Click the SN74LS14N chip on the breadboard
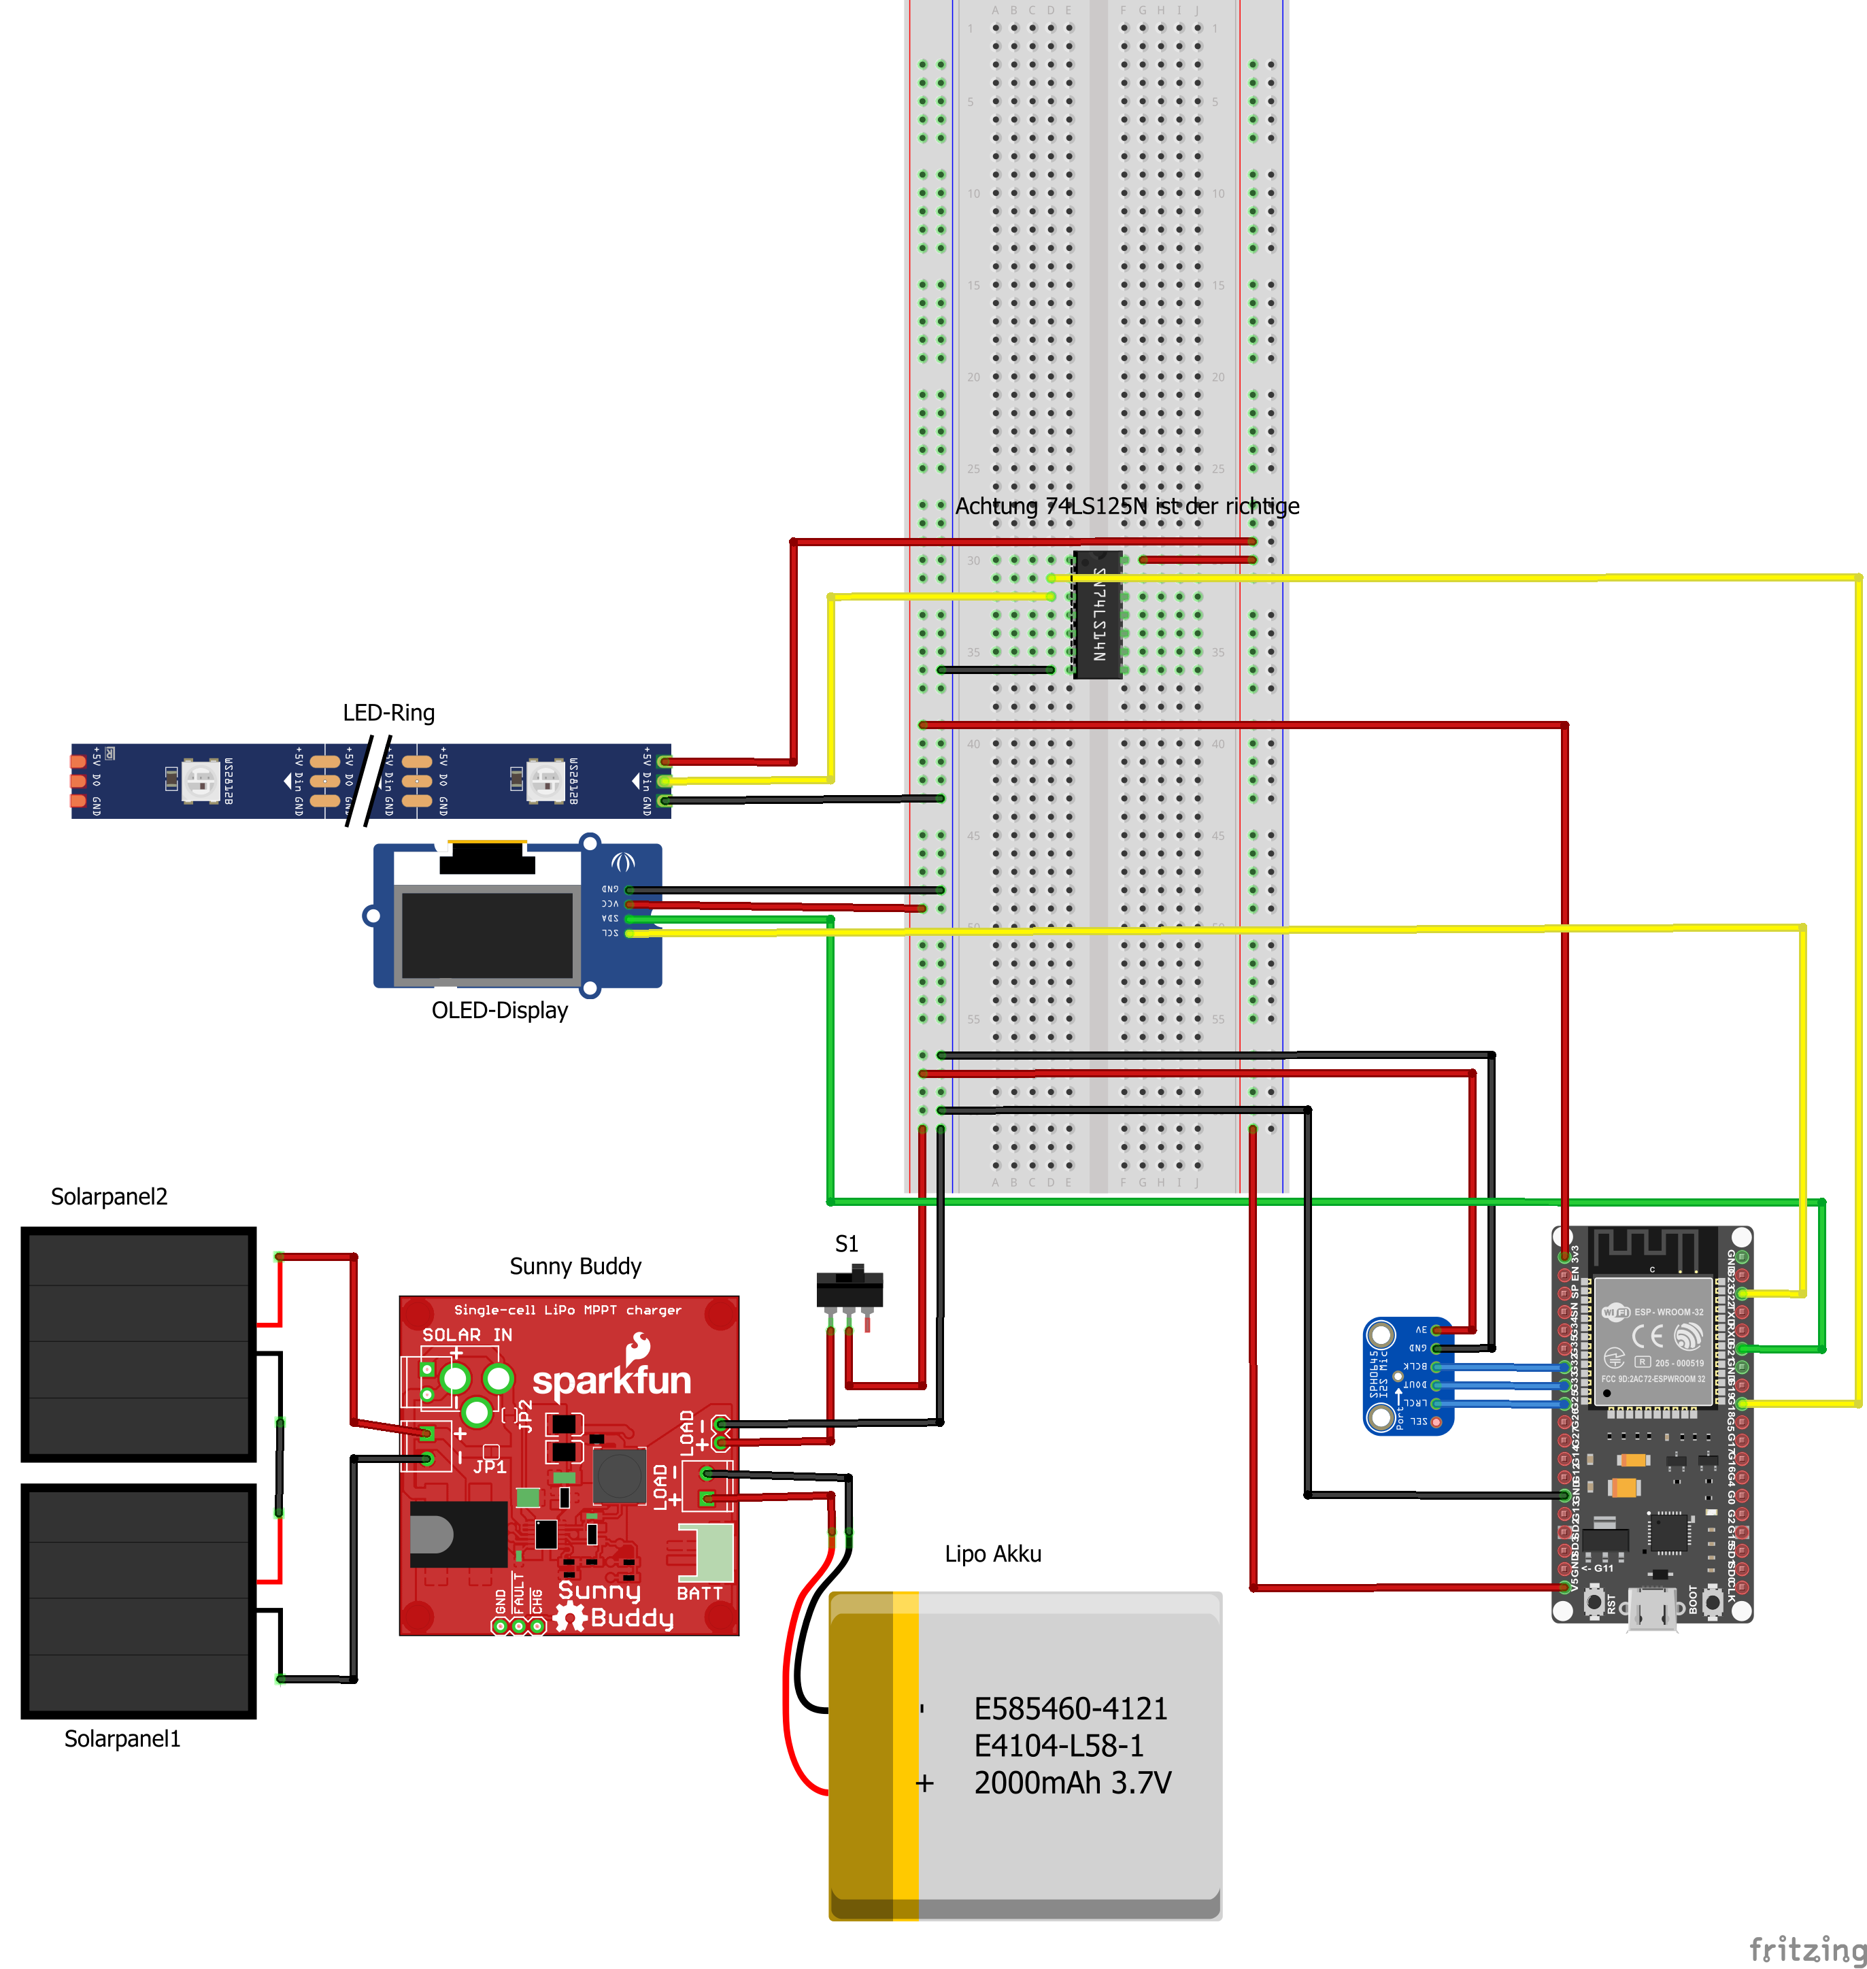[1098, 614]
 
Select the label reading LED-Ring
[388, 712]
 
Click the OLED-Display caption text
[500, 1010]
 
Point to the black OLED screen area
[487, 935]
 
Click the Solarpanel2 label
[110, 1196]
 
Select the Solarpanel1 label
[122, 1738]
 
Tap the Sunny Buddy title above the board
[575, 1266]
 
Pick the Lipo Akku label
[992, 1553]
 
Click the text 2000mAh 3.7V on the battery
[1072, 1782]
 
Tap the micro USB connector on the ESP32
[1652, 1608]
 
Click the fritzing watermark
[1806, 1948]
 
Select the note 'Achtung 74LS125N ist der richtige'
[1126, 505]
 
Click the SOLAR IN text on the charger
[467, 1334]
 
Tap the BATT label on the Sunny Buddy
[700, 1593]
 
